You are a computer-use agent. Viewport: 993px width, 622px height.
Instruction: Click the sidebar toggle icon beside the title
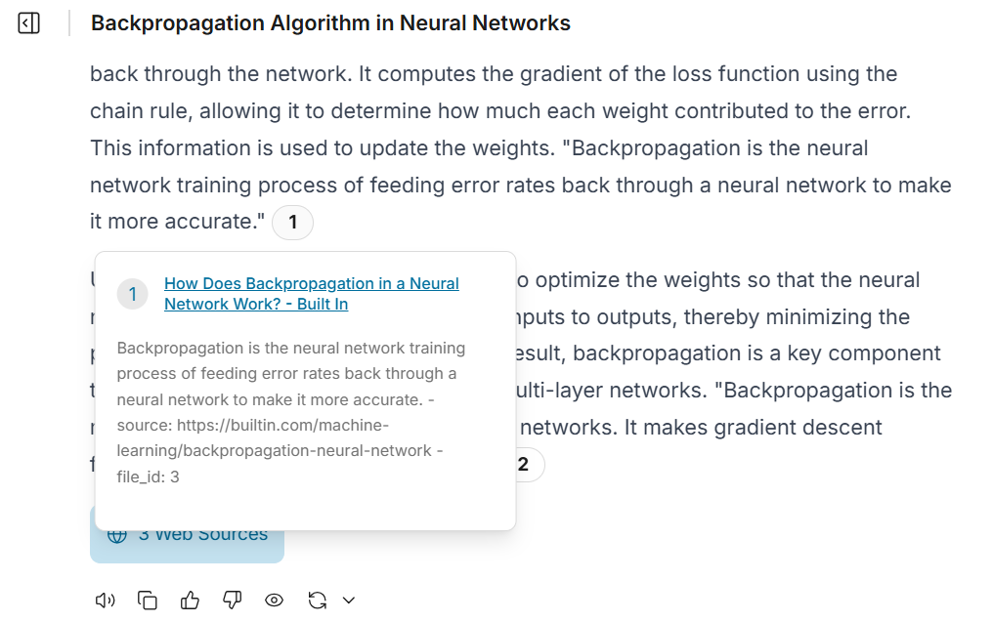[29, 23]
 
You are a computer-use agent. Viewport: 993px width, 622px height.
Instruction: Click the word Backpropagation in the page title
[165, 23]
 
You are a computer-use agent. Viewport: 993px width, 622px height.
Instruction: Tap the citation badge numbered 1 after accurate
[292, 223]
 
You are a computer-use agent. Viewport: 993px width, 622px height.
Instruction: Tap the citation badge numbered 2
[523, 465]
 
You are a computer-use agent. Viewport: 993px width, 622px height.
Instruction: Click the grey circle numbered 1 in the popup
[132, 294]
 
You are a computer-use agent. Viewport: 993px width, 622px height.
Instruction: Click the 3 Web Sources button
[187, 535]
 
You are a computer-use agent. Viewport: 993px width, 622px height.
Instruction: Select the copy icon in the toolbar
[148, 601]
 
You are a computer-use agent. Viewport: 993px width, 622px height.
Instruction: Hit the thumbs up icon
[190, 600]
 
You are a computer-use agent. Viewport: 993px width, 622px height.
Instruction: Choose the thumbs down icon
[232, 600]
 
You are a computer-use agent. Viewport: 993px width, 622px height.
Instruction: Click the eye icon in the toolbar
[275, 601]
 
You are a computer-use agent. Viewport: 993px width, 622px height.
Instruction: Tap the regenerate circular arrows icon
[317, 601]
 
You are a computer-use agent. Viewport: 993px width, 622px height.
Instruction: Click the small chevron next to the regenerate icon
[348, 601]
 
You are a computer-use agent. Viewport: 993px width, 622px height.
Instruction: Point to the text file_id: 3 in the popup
[148, 477]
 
